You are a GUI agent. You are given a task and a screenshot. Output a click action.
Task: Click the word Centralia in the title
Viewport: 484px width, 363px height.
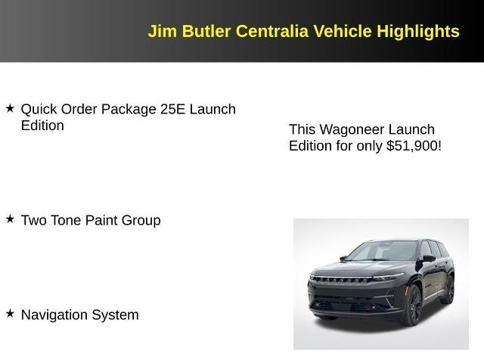[271, 32]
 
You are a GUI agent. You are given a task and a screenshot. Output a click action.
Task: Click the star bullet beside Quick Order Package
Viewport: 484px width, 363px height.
[11, 109]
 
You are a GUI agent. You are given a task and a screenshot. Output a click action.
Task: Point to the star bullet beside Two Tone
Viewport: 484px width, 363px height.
[11, 219]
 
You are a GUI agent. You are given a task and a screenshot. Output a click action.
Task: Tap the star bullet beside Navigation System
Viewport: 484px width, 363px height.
[11, 313]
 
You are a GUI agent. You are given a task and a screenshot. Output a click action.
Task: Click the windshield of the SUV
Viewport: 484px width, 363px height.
[382, 250]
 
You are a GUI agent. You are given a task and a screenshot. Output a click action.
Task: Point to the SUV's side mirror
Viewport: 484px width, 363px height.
[429, 259]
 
